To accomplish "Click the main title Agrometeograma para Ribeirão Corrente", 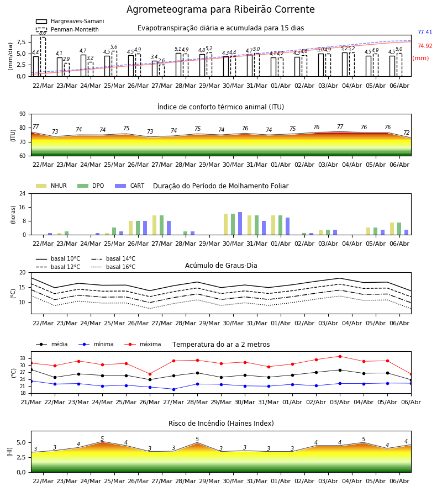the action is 220,9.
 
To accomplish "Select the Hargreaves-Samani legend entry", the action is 70,21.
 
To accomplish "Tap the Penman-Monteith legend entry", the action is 67,29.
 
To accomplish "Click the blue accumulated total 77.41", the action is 425,33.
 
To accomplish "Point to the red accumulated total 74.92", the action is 425,46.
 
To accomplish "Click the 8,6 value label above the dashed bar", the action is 43,33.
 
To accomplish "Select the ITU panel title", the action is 220,107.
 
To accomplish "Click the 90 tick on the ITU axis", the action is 22,114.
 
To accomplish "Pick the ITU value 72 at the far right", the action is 407,133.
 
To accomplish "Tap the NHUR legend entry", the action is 51,186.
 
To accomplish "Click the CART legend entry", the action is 130,186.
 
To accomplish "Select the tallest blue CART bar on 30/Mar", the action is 240,224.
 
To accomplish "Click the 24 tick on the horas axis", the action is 22,194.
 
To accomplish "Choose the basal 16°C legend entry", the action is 113,267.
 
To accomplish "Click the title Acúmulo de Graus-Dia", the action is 221,265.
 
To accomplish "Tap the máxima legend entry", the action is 143,344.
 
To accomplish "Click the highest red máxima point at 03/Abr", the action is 340,356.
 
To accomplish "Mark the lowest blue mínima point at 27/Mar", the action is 173,389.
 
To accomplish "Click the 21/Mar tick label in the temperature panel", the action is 31,402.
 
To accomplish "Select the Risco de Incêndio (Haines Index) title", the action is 221,424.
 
